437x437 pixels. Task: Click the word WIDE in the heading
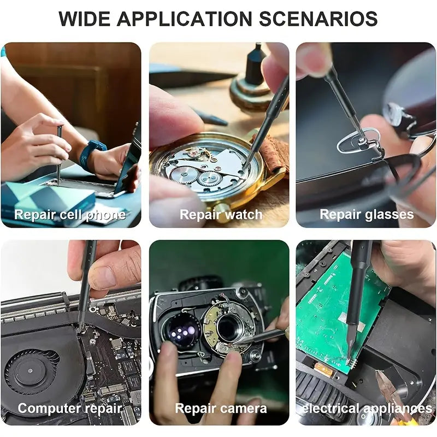[x=85, y=19]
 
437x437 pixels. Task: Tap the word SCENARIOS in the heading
[x=318, y=19]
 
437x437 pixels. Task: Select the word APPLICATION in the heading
[x=185, y=19]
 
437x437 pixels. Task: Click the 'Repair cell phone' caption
[x=70, y=215]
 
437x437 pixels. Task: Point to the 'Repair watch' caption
[x=221, y=215]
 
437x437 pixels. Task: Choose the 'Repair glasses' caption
[x=367, y=215]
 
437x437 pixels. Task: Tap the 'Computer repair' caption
[x=70, y=409]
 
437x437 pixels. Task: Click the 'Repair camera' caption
[x=221, y=409]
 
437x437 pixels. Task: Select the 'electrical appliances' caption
[x=367, y=409]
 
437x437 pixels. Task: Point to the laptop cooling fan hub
[x=30, y=371]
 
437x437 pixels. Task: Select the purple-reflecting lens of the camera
[x=181, y=330]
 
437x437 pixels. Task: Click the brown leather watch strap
[x=271, y=155]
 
